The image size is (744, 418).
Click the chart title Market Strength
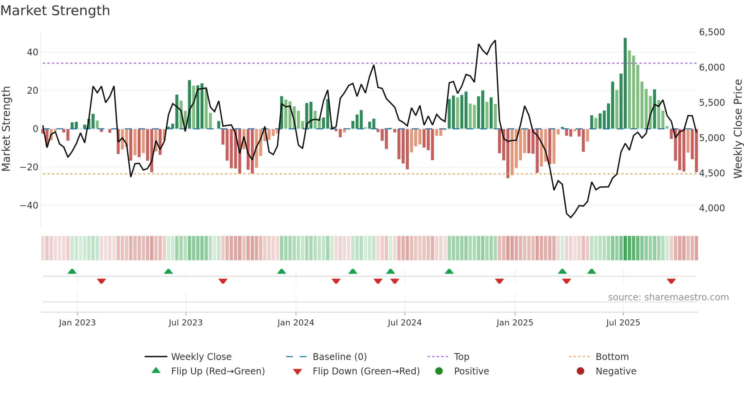pyautogui.click(x=55, y=11)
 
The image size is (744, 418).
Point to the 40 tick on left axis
pyautogui.click(x=33, y=52)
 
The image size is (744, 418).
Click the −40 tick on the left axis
pyautogui.click(x=29, y=206)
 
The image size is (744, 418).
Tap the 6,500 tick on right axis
pyautogui.click(x=712, y=32)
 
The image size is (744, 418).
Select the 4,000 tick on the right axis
pyautogui.click(x=712, y=208)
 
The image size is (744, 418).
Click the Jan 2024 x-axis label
pyautogui.click(x=296, y=323)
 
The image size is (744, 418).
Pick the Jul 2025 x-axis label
pyautogui.click(x=623, y=323)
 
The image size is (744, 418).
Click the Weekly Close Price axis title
pyautogui.click(x=738, y=129)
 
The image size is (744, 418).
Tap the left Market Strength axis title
pyautogui.click(x=6, y=129)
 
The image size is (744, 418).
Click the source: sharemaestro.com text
pyautogui.click(x=668, y=297)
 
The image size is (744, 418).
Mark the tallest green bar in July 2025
pyautogui.click(x=625, y=83)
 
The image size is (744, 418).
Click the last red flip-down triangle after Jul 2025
pyautogui.click(x=671, y=281)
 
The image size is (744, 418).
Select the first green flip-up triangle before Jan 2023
pyautogui.click(x=72, y=271)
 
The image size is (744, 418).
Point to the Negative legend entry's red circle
pyautogui.click(x=580, y=371)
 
